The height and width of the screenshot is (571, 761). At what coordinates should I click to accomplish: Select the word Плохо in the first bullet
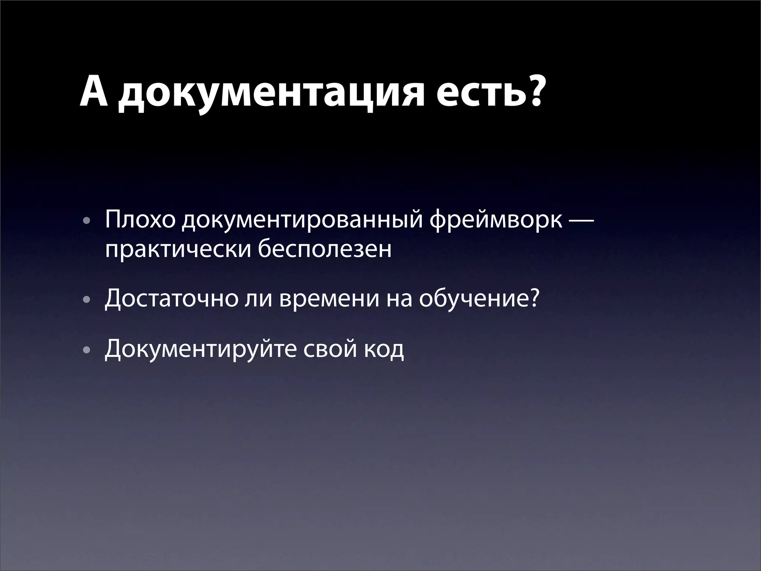[x=140, y=220]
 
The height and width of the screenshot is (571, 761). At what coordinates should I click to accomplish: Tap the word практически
[x=176, y=249]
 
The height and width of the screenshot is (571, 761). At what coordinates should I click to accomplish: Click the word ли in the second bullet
[x=258, y=299]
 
